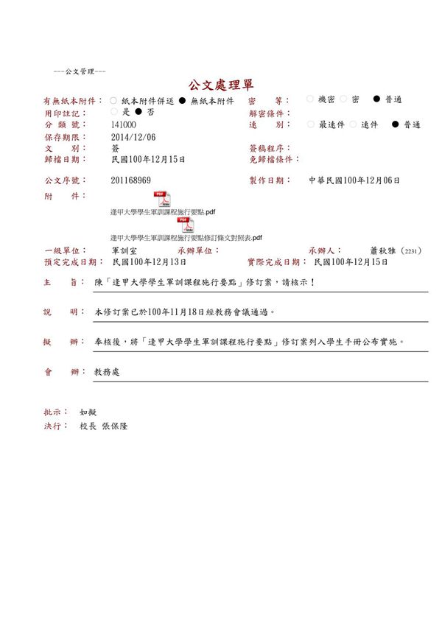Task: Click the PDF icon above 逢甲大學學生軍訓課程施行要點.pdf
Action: click(161, 199)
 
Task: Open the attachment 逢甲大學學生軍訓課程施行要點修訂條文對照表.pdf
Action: click(186, 238)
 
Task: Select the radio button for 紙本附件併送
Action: click(113, 100)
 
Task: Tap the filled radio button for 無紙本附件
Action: click(182, 100)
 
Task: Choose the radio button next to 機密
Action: click(309, 99)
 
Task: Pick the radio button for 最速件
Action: click(309, 124)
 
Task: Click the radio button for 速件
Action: click(353, 124)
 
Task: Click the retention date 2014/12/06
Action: click(133, 137)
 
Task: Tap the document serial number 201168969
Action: click(131, 180)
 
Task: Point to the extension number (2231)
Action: click(410, 251)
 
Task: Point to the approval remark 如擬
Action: click(88, 412)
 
